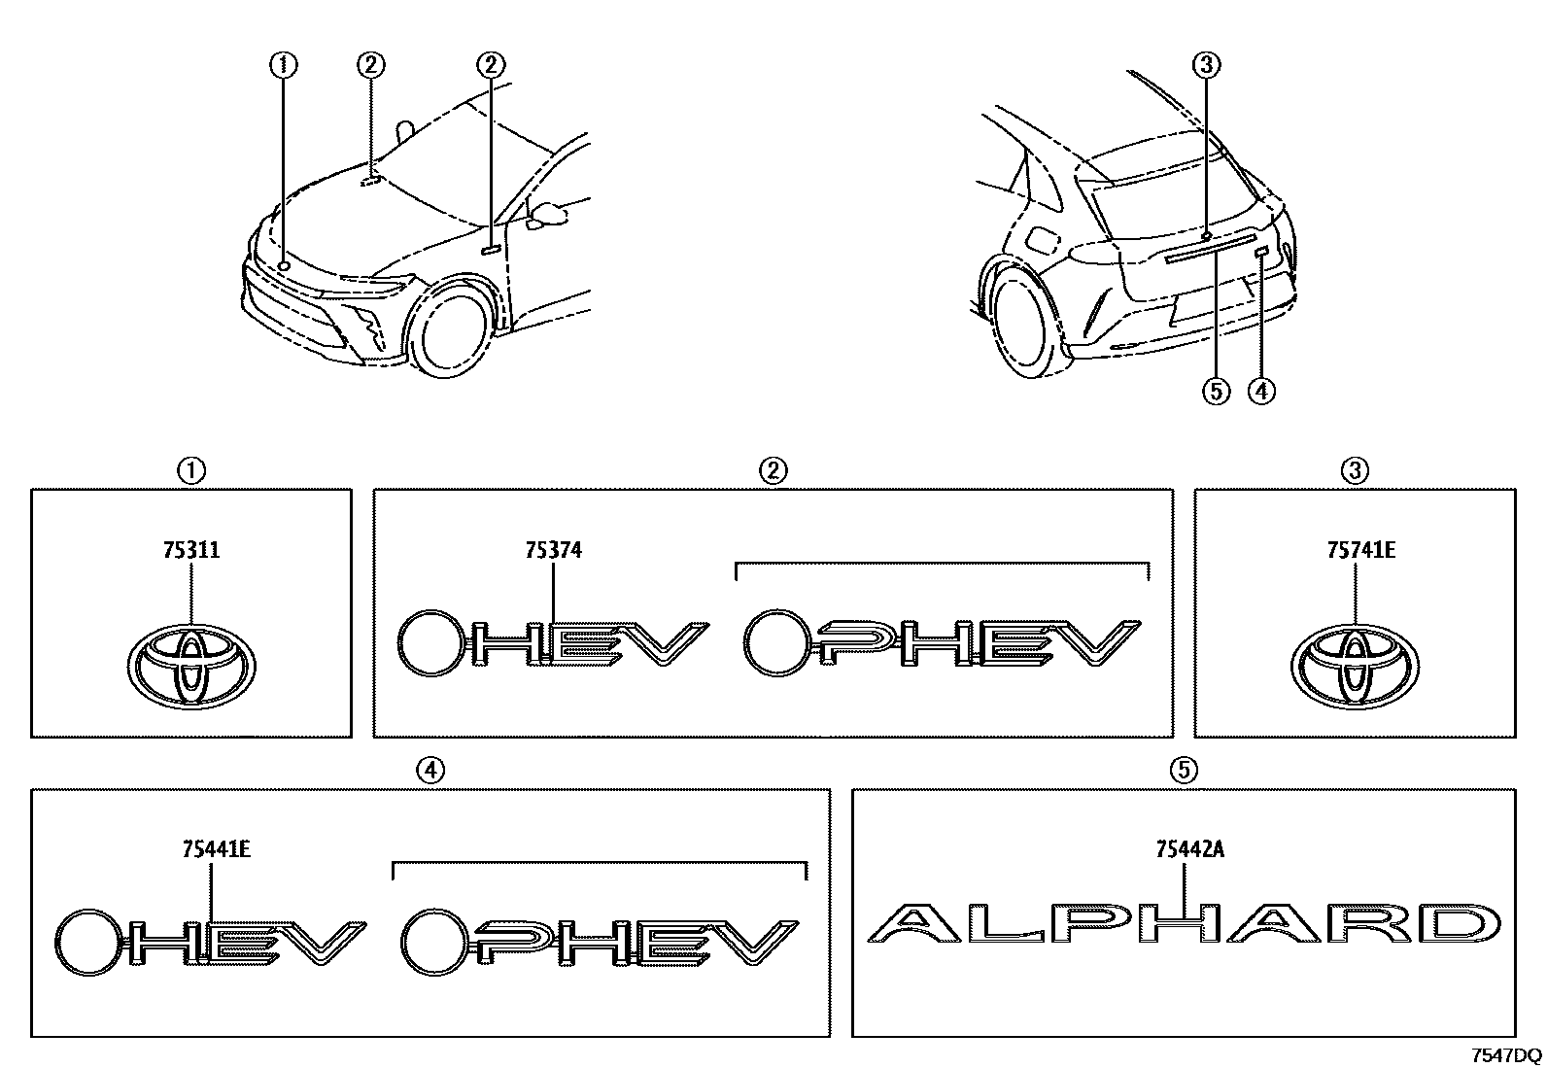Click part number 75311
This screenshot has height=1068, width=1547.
[191, 551]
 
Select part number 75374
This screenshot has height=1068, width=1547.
[553, 551]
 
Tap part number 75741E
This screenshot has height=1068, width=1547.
[1355, 551]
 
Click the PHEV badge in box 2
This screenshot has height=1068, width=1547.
[941, 643]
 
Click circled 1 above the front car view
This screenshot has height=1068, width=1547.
[284, 65]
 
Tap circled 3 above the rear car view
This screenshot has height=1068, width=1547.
[1205, 65]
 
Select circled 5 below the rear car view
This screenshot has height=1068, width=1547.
[1215, 391]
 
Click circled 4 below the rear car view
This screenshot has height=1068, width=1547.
[1260, 391]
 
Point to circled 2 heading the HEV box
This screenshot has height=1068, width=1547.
[773, 471]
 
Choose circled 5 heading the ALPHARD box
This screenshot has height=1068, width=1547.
[1183, 770]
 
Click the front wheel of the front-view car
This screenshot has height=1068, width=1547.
[450, 326]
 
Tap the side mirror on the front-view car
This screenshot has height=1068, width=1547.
[547, 213]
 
